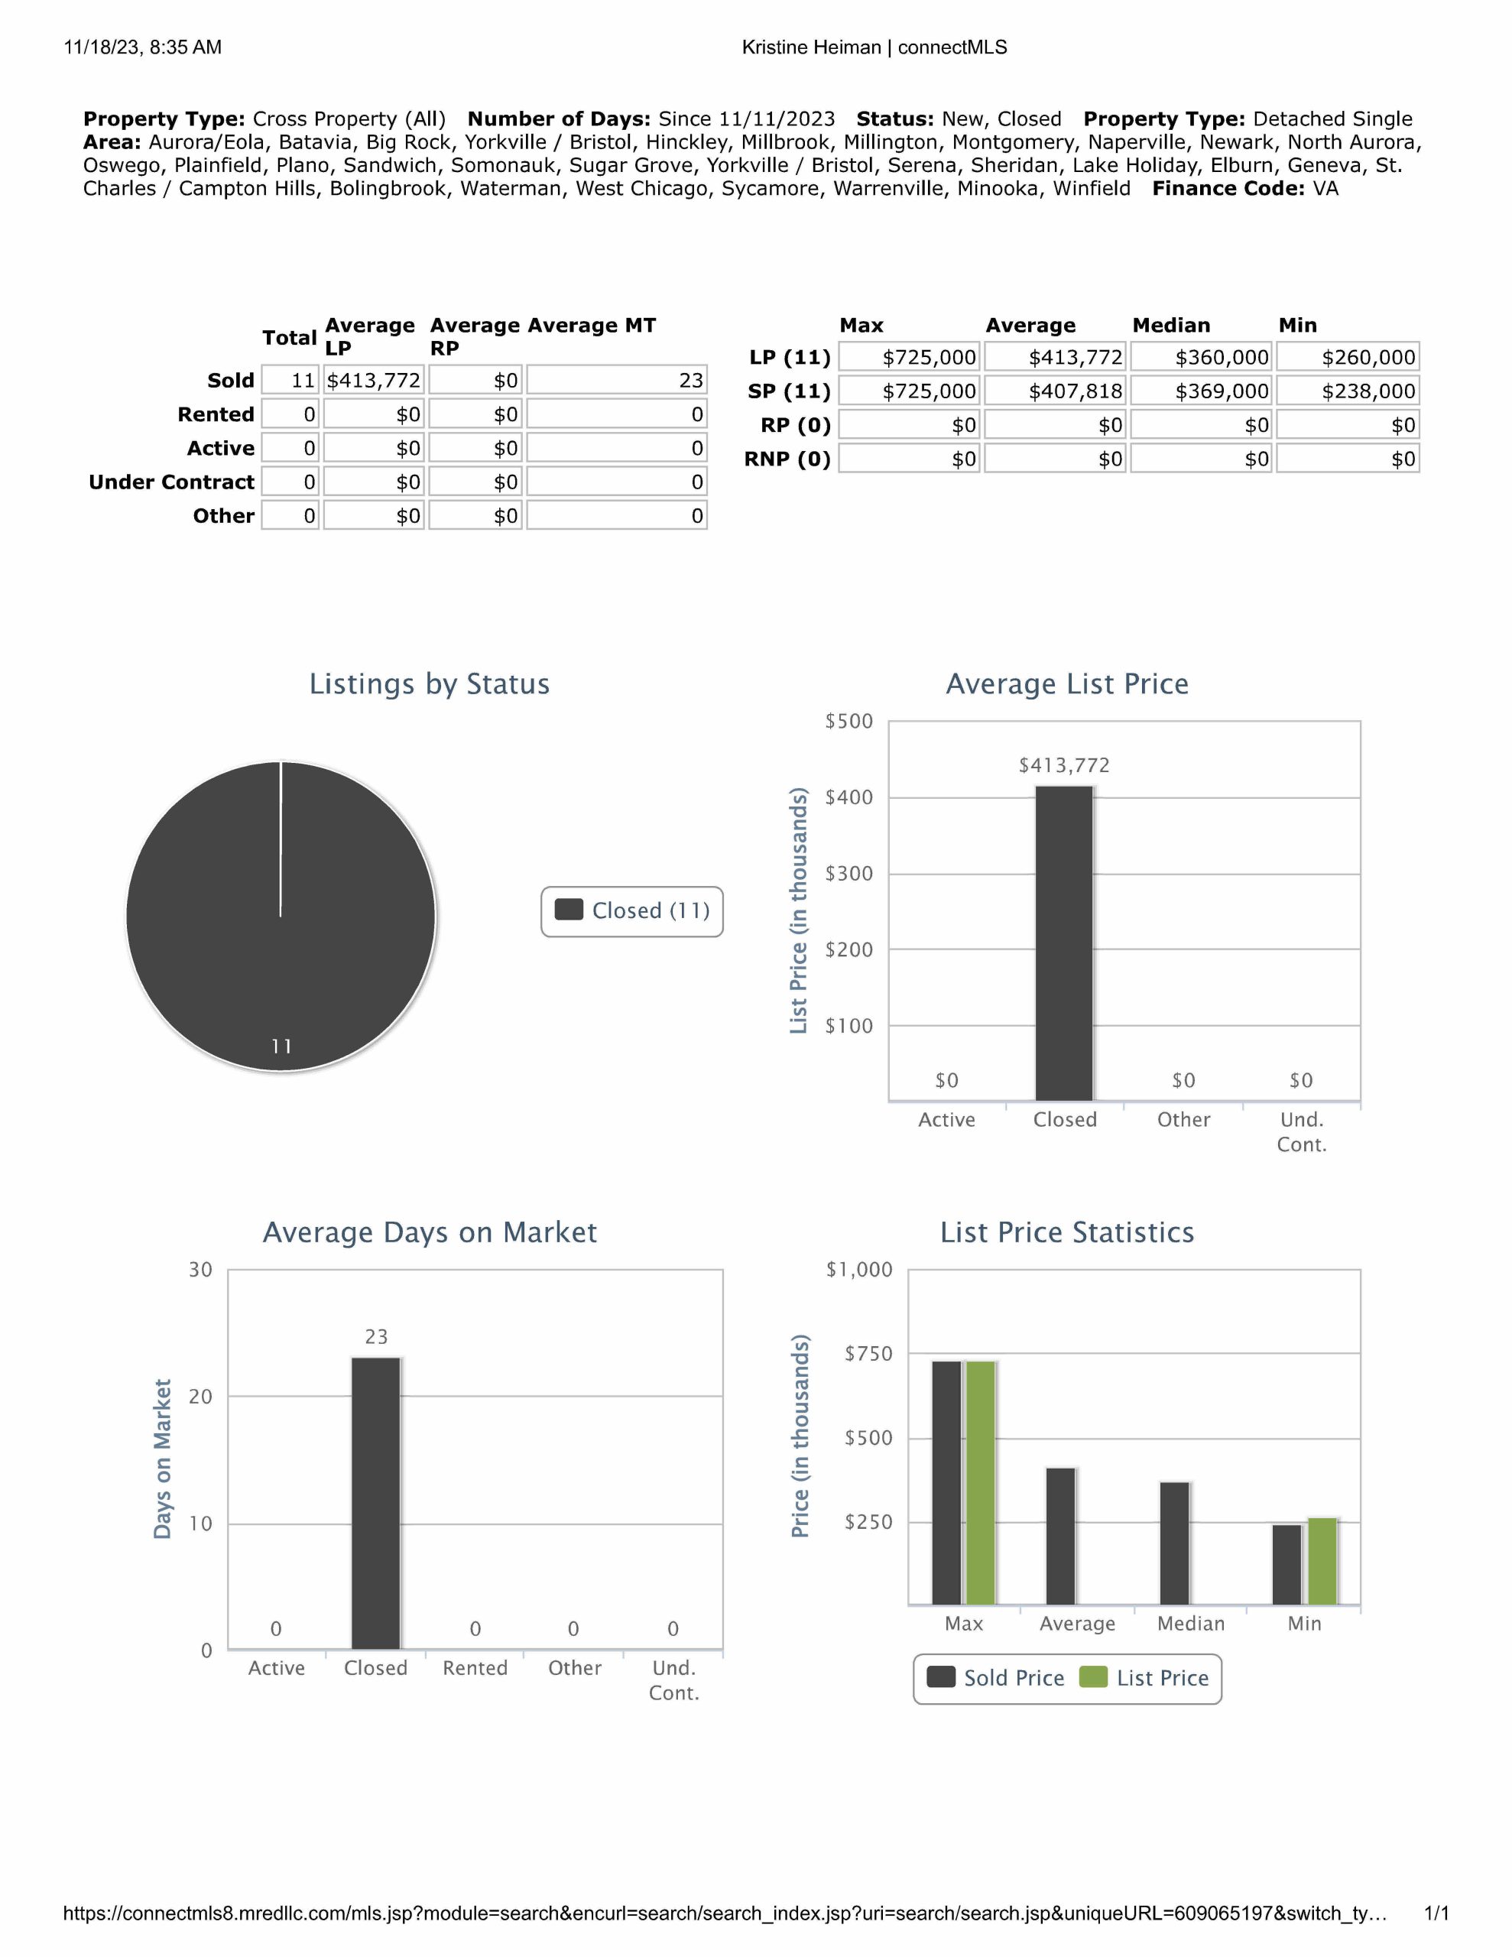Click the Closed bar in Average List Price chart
[1064, 943]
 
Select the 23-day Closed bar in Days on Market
[375, 1503]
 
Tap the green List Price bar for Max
[981, 1482]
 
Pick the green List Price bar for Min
[1322, 1561]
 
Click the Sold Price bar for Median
[1174, 1543]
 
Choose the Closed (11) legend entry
[633, 910]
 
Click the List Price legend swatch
[1093, 1677]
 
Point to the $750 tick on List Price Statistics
[868, 1353]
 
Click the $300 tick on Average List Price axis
[848, 873]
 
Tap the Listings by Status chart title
[430, 683]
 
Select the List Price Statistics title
[1066, 1232]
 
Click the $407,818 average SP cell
[1054, 391]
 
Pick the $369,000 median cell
[1201, 391]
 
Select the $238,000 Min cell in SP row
[1347, 391]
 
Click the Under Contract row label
[171, 482]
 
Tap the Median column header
[1170, 325]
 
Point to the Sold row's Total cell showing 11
[290, 380]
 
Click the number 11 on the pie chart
[281, 1046]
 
